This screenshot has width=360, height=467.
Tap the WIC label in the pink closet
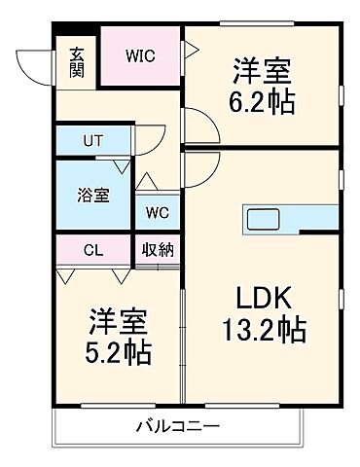tap(139, 54)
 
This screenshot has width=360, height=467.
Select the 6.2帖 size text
tap(263, 100)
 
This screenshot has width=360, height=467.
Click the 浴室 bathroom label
tap(92, 194)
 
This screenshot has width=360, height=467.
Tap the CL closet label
tap(92, 250)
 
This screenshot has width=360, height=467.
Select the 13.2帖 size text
tap(261, 331)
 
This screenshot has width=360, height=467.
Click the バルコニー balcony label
tap(177, 425)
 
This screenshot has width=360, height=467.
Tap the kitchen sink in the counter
tap(260, 217)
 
